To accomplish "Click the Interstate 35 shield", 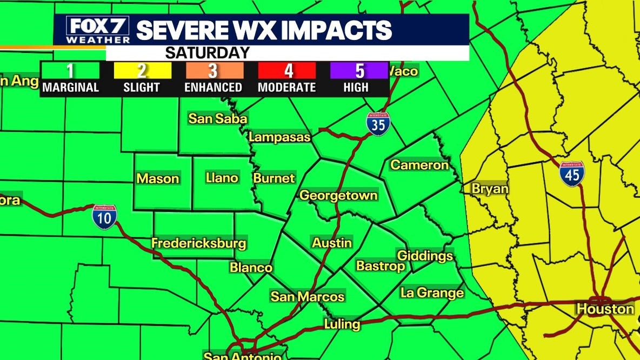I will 378,124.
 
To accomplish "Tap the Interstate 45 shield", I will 571,174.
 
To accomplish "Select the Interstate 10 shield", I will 104,217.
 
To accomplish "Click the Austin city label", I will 332,243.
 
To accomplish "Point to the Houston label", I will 605,309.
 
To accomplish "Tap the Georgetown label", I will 338,196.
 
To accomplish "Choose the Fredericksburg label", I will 198,243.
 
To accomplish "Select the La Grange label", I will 432,293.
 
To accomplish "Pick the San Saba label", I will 217,119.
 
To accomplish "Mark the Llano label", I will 222,177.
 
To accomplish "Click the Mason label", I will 157,178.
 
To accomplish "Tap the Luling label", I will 342,324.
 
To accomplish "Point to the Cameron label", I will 419,165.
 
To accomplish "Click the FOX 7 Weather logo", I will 98,30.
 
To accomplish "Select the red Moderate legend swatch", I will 286,71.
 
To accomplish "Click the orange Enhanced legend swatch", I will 213,71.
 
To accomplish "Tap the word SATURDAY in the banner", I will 207,53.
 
